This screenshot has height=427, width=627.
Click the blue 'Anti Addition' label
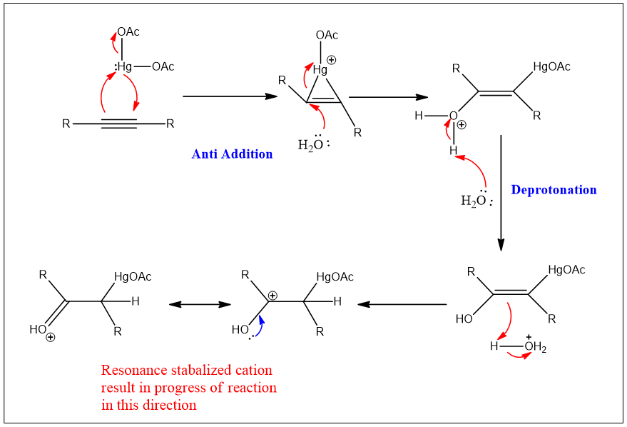click(x=232, y=154)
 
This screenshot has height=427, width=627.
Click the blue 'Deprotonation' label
click(x=554, y=189)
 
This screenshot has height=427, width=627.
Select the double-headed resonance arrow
click(x=200, y=304)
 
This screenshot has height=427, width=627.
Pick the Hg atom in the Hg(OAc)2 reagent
click(x=124, y=67)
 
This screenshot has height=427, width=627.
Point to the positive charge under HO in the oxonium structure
click(x=50, y=338)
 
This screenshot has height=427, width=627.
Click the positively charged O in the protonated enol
click(x=454, y=116)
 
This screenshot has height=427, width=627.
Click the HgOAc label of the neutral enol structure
click(x=566, y=270)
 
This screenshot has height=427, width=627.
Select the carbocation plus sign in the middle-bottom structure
click(x=272, y=295)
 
